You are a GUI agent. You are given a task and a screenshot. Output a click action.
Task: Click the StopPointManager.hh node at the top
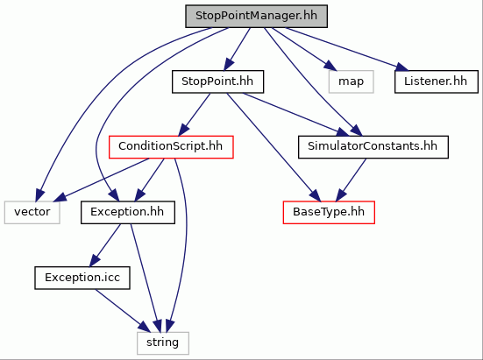(x=256, y=16)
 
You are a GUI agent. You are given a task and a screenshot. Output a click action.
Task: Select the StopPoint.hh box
(x=217, y=81)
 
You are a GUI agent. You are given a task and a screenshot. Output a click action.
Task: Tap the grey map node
(x=352, y=81)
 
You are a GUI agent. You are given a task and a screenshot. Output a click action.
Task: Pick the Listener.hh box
(x=437, y=81)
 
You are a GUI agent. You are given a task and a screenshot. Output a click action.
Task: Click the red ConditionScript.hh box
(x=171, y=147)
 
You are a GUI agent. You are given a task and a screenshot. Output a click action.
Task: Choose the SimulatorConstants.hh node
(x=373, y=147)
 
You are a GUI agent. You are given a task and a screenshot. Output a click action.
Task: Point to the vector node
(x=32, y=212)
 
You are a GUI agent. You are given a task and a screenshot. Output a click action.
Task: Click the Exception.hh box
(x=128, y=212)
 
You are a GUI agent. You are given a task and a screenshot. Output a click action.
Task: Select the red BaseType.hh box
(x=329, y=212)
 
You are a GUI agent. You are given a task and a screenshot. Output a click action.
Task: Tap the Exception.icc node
(x=82, y=278)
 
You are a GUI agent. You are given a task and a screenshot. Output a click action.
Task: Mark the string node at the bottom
(x=163, y=343)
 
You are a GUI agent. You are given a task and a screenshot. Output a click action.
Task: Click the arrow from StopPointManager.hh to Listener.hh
(x=347, y=49)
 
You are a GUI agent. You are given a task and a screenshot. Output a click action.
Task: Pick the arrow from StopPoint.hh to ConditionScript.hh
(x=195, y=114)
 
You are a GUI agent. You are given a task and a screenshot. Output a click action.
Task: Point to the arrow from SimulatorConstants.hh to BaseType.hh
(x=352, y=180)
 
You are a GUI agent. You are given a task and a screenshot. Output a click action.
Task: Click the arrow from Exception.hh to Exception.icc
(x=105, y=245)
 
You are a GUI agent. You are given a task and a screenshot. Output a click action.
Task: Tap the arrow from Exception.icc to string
(x=123, y=310)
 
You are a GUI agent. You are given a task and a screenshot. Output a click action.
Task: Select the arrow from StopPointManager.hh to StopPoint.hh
(x=237, y=49)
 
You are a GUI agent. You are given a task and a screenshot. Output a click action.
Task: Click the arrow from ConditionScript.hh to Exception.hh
(x=150, y=180)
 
